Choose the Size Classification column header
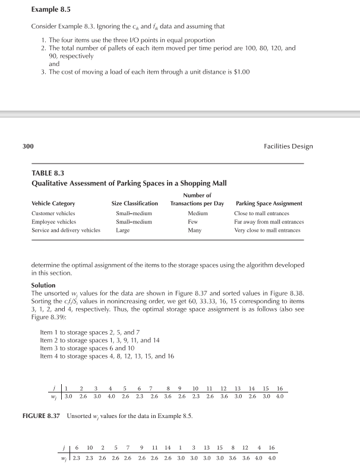pos(135,203)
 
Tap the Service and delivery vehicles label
pos(62,230)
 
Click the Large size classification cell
pos(122,230)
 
